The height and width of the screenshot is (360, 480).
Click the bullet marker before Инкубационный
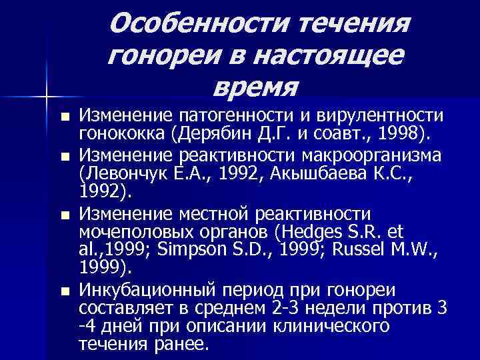64,291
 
